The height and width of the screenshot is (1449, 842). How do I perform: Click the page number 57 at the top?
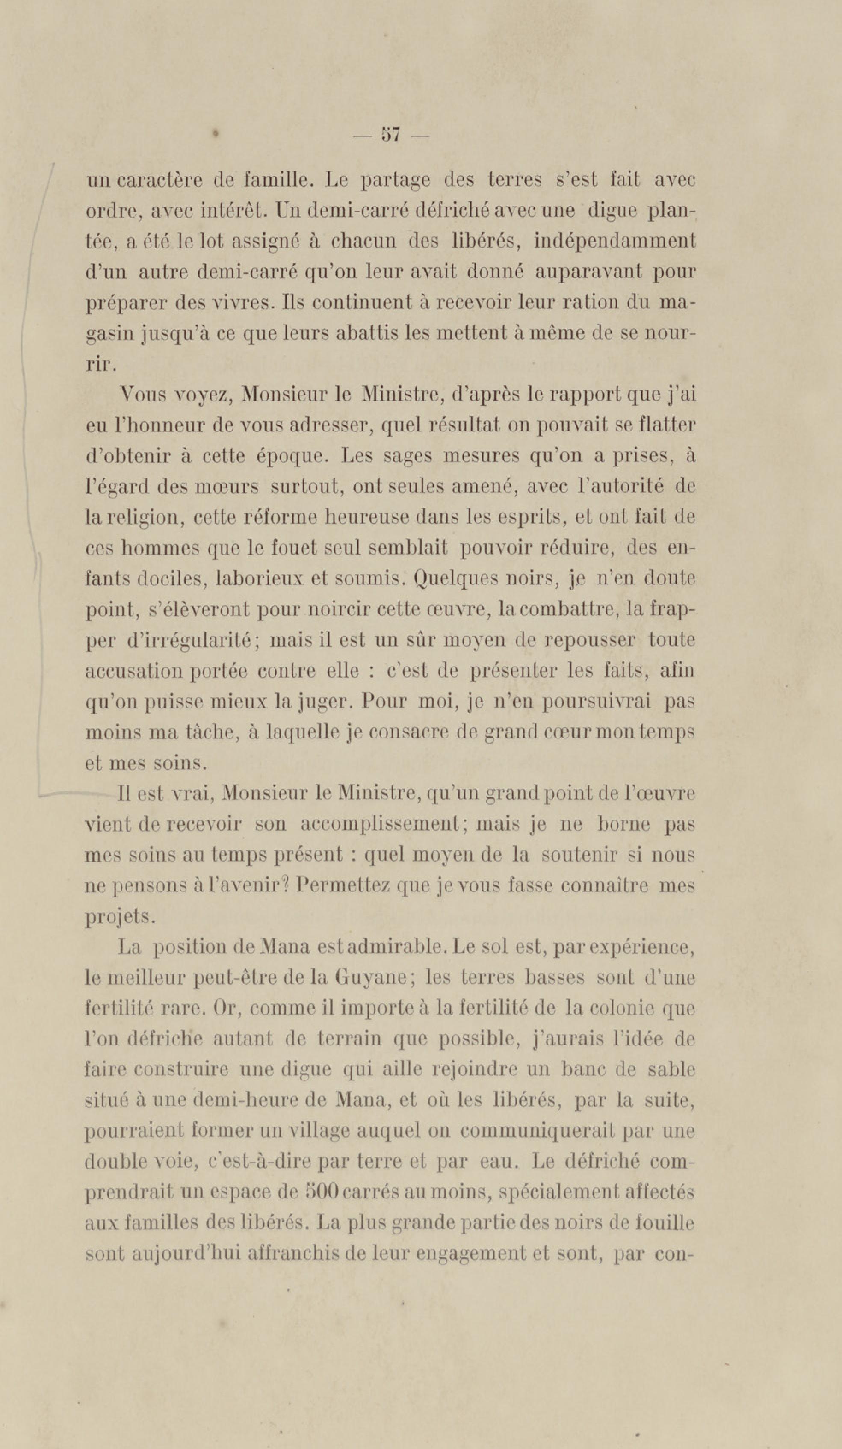(x=390, y=136)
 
